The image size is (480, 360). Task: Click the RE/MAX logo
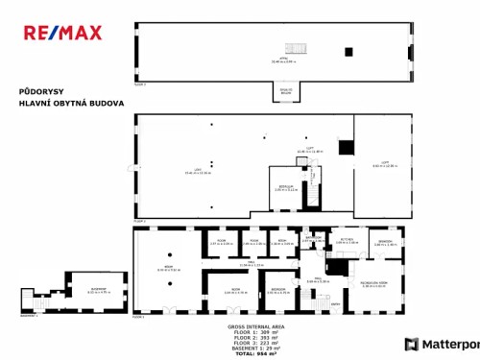coord(62,33)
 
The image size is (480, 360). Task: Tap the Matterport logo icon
coord(412,344)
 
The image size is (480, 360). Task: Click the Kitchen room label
coord(347,241)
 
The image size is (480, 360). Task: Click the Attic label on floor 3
coord(284,60)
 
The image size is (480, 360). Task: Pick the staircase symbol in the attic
coord(296,50)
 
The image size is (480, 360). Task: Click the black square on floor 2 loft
coord(346,147)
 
